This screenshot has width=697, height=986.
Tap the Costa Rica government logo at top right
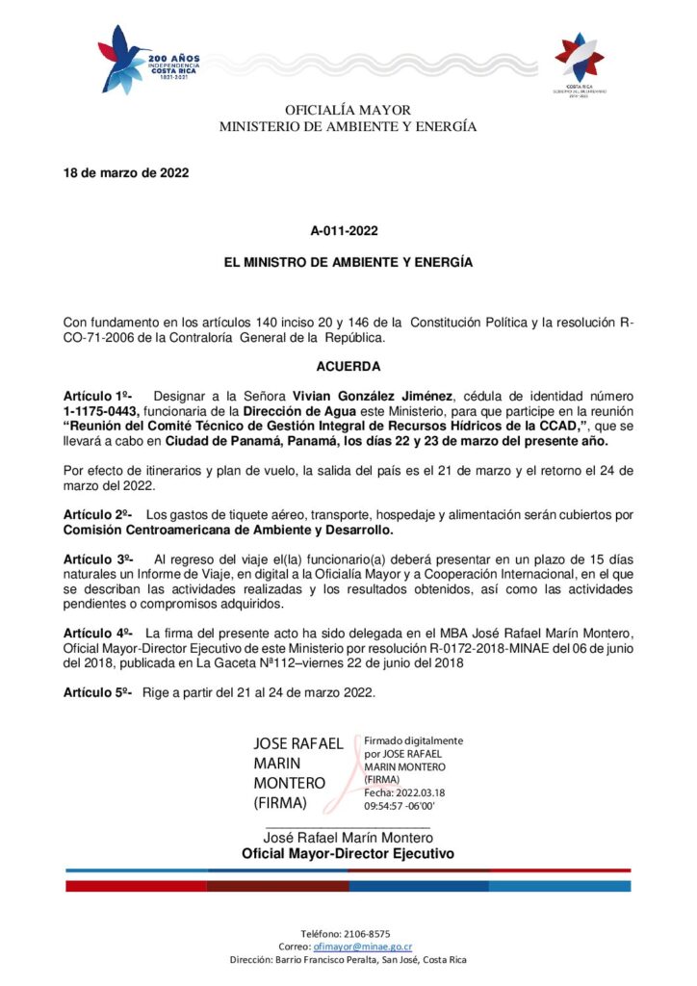click(x=579, y=60)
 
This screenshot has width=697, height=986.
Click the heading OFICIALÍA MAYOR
click(x=348, y=111)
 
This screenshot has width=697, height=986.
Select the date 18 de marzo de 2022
click(x=126, y=173)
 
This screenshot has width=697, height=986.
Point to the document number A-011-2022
click(x=348, y=231)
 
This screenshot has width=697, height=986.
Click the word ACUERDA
click(x=348, y=366)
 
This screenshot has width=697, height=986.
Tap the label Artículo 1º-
click(x=98, y=396)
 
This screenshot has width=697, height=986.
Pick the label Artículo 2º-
click(x=98, y=514)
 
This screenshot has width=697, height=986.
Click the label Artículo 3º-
click(x=98, y=558)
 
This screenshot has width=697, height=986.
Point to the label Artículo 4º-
click(x=98, y=633)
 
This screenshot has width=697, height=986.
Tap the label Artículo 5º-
click(x=98, y=692)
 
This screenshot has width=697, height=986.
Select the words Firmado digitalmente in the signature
click(x=413, y=740)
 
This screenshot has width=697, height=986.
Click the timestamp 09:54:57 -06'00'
click(x=400, y=805)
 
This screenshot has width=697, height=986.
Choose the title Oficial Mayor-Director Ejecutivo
click(x=348, y=854)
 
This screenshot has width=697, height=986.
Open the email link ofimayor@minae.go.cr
click(x=355, y=947)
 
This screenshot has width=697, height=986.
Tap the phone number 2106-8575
click(x=368, y=933)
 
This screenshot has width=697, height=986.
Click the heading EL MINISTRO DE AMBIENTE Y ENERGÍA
click(x=348, y=262)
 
